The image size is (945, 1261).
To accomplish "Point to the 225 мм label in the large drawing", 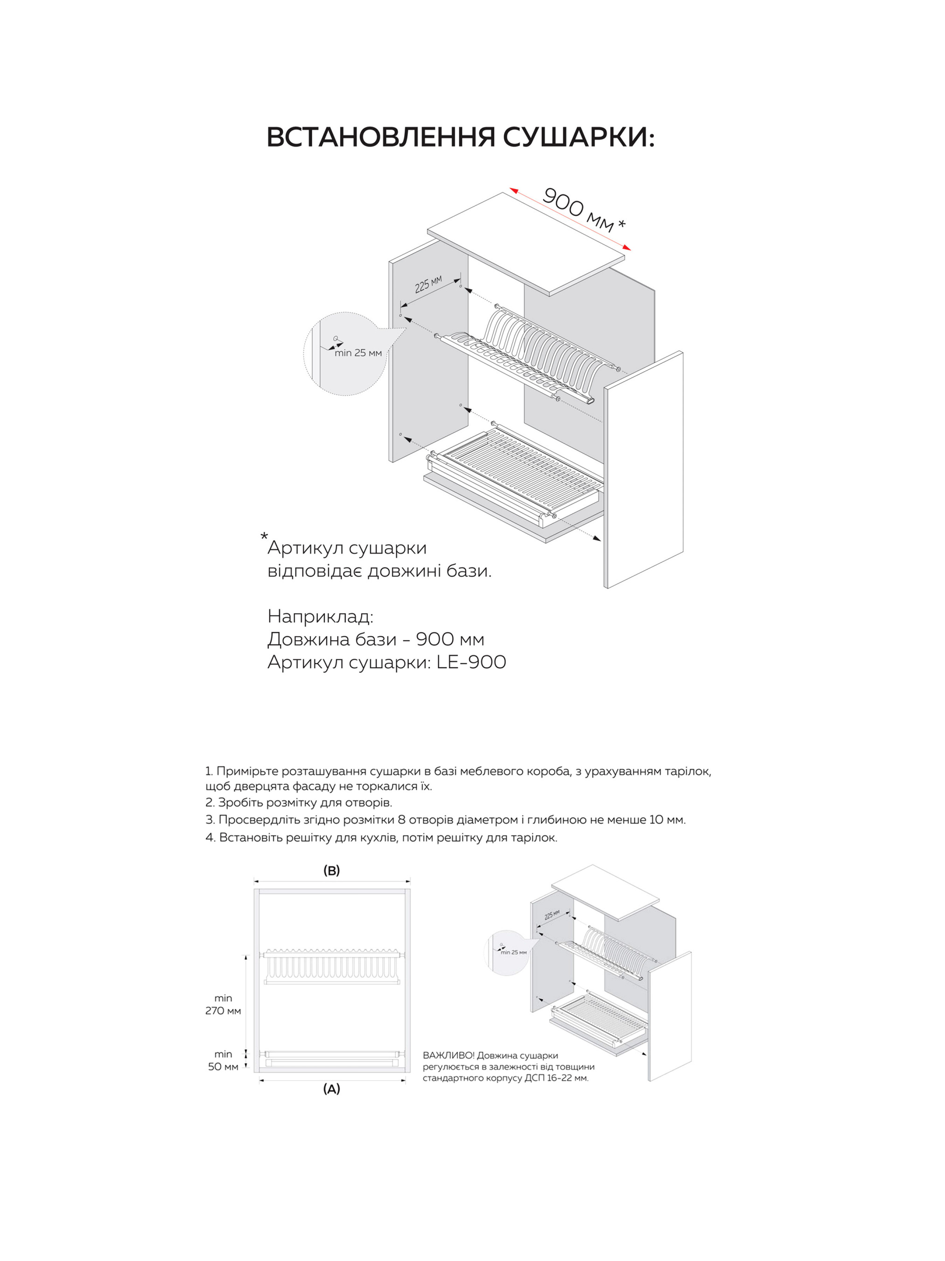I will click(428, 284).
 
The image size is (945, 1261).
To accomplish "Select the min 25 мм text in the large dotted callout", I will click(358, 353).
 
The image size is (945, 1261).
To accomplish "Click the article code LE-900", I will click(471, 662).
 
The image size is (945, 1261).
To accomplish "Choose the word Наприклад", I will click(320, 616).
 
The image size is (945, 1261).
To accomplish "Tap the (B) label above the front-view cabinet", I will click(331, 871).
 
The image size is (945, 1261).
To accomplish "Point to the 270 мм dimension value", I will click(223, 1011).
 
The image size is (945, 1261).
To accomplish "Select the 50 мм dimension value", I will click(223, 1067).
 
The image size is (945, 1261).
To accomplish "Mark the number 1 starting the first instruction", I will click(209, 771).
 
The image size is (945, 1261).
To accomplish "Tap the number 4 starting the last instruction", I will click(209, 837).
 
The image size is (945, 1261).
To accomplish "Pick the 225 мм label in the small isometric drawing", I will click(552, 915).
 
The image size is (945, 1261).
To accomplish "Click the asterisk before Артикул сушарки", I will click(264, 537).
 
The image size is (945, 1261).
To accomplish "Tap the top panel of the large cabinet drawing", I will click(527, 244).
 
